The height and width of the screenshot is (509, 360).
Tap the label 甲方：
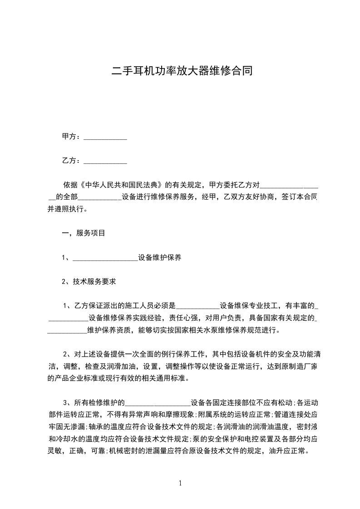tap(71, 137)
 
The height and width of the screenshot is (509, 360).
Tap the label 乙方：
tap(71, 161)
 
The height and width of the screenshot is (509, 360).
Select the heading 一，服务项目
tap(84, 233)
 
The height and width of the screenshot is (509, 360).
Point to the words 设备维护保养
tap(160, 258)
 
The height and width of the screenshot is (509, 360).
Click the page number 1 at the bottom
tap(180, 483)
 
